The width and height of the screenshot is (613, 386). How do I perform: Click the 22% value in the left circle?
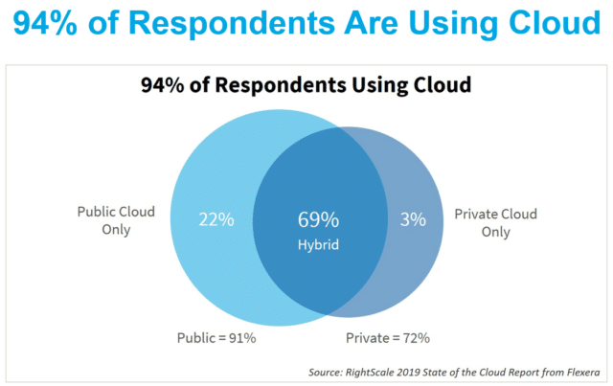tap(216, 220)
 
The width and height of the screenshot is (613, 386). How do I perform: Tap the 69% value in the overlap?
tap(319, 220)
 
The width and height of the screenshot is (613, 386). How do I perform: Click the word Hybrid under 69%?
tap(319, 245)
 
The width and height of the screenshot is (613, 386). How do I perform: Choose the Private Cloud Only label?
tap(495, 221)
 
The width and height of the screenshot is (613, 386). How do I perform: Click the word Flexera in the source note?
tap(582, 371)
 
